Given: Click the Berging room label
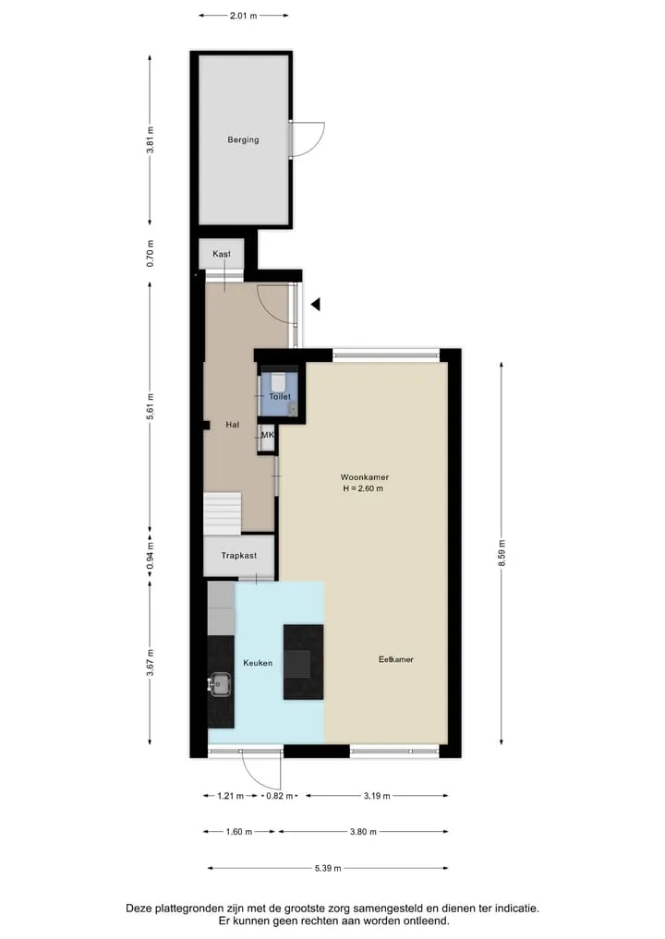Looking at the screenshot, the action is tap(243, 140).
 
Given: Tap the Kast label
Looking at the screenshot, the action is tap(222, 254).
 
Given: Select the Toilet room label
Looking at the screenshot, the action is tap(280, 396).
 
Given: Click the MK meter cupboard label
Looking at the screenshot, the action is tap(267, 435).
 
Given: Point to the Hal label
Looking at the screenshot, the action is tap(233, 425).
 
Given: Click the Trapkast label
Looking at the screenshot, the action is tap(239, 556).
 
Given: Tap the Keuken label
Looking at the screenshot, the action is tap(258, 663).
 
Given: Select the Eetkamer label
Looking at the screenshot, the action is tap(396, 659).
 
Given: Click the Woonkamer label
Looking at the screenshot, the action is tap(365, 477).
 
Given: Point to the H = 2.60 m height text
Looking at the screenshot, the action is tap(363, 488).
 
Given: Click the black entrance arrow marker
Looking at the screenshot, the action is tap(316, 304).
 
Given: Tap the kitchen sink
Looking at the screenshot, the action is tap(220, 683).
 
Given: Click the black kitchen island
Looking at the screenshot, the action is tap(303, 662).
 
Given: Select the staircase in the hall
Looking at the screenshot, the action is tap(223, 513).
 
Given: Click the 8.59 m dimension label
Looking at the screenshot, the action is tap(502, 553).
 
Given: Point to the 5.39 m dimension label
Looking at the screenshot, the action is tap(328, 868).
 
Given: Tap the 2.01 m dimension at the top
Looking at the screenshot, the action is tap(243, 16).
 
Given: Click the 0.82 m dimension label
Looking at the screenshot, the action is tap(280, 796).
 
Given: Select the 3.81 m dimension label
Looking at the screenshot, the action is tap(151, 140).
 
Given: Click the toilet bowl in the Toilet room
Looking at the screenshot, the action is tap(279, 380).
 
